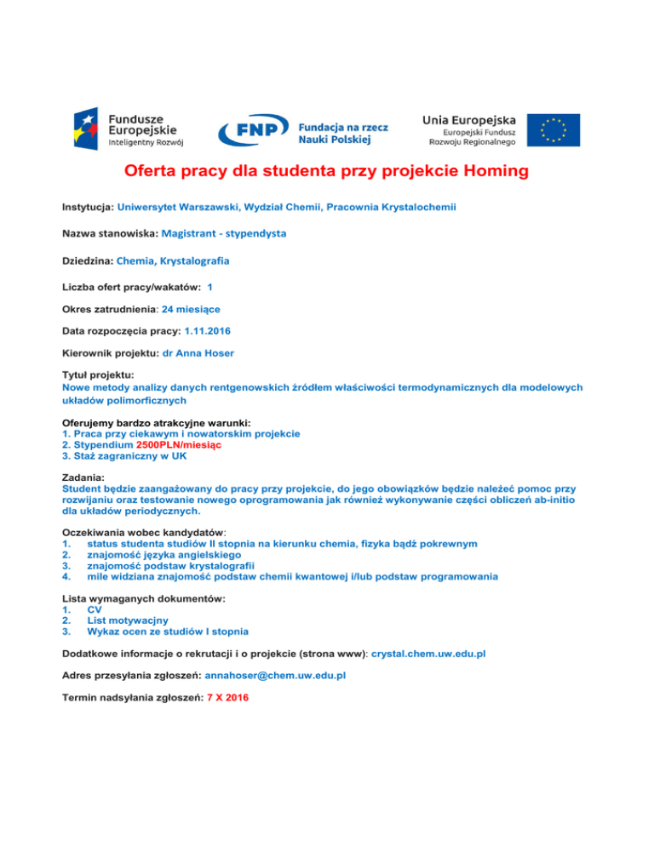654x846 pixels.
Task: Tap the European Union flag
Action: [554, 129]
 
